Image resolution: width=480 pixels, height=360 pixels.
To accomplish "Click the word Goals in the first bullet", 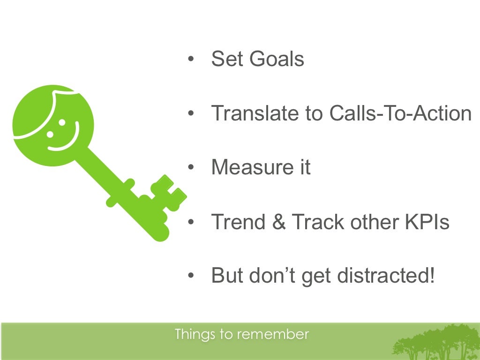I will (277, 60).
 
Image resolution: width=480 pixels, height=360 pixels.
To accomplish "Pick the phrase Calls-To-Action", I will (400, 113).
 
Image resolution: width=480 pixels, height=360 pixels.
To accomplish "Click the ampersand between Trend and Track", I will (279, 222).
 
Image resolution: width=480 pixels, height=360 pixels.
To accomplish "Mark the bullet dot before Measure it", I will (190, 167).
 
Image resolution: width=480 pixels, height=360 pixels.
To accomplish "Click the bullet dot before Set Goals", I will (190, 60).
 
